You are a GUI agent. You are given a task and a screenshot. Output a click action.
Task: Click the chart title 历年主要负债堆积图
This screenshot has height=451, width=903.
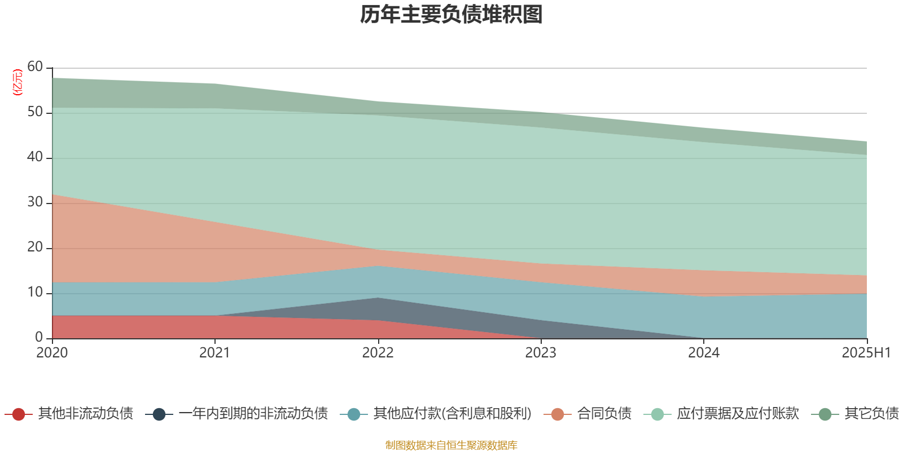(451, 15)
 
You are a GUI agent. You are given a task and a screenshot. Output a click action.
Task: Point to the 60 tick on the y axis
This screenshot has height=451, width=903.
(35, 67)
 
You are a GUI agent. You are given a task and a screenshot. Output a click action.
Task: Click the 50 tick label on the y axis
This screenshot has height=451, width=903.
(35, 112)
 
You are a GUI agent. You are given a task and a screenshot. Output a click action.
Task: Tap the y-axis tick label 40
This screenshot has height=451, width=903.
(35, 157)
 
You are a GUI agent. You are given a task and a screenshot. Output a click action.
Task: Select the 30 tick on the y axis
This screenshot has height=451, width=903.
(35, 202)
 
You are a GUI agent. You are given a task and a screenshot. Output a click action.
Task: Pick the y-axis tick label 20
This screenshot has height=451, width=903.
(35, 247)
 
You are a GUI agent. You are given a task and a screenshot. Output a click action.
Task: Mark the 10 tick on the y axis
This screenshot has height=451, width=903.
(35, 293)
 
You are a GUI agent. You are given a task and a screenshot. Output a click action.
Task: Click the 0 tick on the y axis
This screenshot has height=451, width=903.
(38, 337)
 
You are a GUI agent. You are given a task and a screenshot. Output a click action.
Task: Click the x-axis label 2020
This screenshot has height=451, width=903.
(52, 353)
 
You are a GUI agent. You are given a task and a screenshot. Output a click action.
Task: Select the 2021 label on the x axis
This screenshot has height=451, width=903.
(214, 353)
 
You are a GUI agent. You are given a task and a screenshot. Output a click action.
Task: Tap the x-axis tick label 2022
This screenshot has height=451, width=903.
(378, 353)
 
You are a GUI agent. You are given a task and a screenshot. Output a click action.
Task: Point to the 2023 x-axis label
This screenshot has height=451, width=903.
(541, 353)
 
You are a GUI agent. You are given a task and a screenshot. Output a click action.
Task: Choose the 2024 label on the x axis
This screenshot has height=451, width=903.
(703, 353)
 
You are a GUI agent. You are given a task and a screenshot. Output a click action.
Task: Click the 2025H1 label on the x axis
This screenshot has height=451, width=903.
(866, 353)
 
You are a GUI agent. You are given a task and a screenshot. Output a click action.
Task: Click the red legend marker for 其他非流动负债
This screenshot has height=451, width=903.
(19, 414)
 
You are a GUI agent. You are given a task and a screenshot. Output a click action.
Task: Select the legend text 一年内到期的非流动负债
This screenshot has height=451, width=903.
(253, 414)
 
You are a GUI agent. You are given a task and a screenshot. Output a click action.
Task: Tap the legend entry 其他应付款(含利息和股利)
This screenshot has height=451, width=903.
(452, 414)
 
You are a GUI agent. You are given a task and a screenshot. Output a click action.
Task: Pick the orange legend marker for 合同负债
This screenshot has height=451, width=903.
(558, 414)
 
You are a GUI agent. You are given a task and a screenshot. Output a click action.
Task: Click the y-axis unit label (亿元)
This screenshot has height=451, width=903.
(17, 82)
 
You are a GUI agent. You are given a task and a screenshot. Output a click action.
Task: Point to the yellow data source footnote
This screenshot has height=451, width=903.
(451, 445)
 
